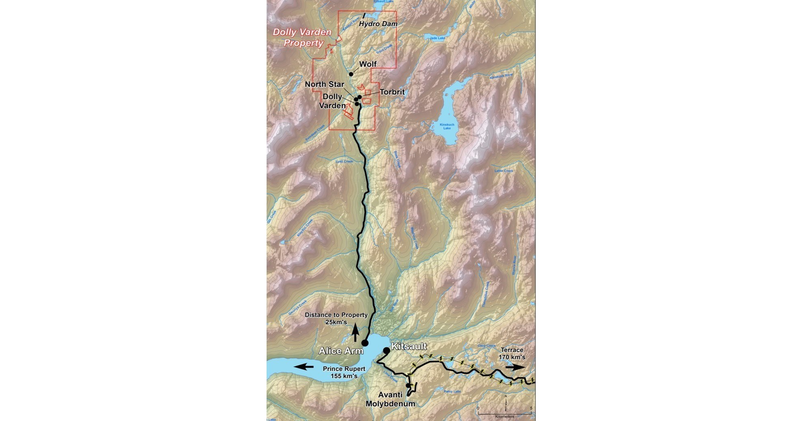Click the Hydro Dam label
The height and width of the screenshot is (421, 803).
click(378, 24)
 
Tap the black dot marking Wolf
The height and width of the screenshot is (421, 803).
click(351, 74)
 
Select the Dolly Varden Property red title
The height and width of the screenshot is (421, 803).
click(302, 37)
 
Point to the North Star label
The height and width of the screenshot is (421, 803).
click(324, 84)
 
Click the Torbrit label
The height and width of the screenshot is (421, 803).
click(392, 92)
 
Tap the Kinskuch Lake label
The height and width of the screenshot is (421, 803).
click(447, 126)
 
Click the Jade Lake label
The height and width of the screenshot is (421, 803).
click(437, 38)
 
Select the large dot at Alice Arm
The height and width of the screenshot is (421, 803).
click(365, 343)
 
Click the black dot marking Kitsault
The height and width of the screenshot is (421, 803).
click(386, 350)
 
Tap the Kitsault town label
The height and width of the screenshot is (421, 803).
click(409, 346)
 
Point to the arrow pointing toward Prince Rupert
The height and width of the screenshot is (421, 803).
click(304, 367)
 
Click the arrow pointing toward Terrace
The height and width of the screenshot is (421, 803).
click(515, 367)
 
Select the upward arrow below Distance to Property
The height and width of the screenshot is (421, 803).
click(355, 333)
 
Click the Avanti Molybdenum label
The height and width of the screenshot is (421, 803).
click(390, 399)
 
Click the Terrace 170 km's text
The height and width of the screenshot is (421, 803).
click(512, 354)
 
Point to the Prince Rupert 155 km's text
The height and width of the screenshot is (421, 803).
click(344, 372)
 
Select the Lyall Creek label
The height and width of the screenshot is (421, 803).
click(344, 161)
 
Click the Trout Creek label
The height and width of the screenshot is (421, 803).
click(384, 50)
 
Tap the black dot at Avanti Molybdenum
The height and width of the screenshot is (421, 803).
click(408, 385)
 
